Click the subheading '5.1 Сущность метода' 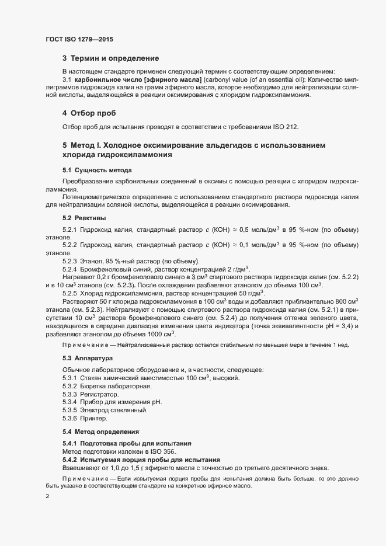click(97, 170)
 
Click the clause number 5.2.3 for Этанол click(70, 260)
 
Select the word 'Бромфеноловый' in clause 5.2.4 click(103, 269)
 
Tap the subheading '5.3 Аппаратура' click(89, 357)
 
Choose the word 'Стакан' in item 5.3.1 click(92, 378)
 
